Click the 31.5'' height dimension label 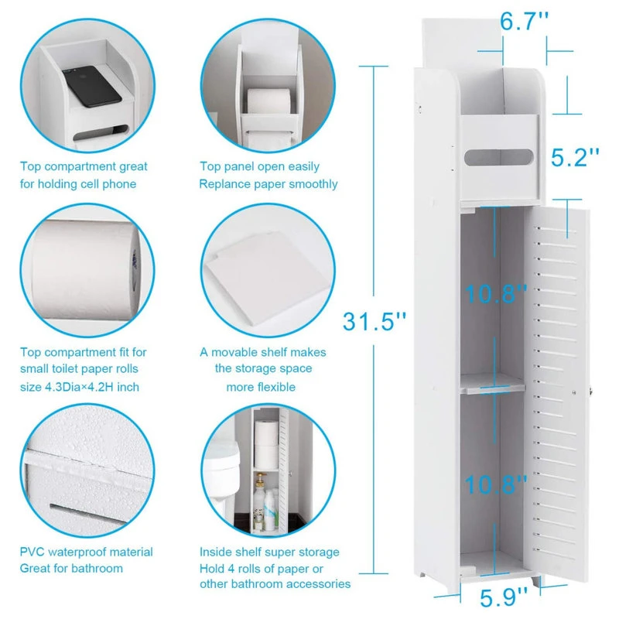[x=374, y=321]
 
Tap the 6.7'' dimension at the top [x=525, y=21]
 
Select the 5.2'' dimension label [x=575, y=158]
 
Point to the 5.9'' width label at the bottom [x=504, y=597]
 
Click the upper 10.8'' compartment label [x=496, y=293]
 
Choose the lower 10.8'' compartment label [x=496, y=484]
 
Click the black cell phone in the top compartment [x=91, y=86]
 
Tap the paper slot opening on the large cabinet [x=498, y=158]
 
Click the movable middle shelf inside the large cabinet [x=493, y=383]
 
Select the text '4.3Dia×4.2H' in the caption [x=80, y=387]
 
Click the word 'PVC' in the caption [x=32, y=552]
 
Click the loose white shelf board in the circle [x=267, y=275]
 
